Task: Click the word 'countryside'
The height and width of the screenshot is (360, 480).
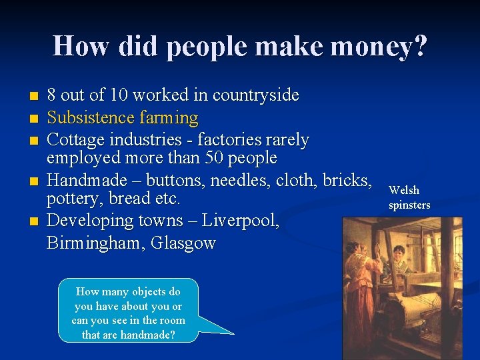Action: pos(255,96)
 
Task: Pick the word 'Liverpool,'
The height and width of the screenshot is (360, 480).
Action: pos(242,221)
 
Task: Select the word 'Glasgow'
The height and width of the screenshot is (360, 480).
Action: pos(183,243)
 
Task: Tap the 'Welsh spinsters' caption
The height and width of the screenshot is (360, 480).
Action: pos(409,197)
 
